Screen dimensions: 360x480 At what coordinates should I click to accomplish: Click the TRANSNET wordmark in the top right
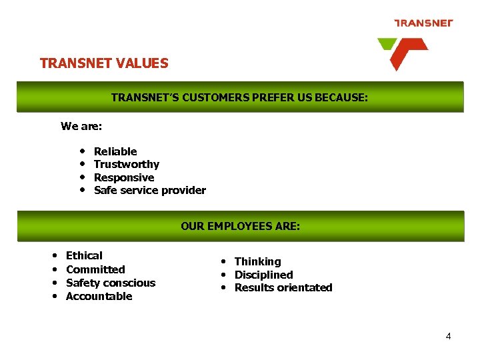423,23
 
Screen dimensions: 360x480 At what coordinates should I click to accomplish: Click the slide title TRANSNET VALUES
104,63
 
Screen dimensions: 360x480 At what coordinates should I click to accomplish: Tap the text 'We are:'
81,126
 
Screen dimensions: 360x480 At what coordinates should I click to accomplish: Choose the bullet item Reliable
115,151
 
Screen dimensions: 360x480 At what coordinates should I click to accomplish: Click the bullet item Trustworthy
127,164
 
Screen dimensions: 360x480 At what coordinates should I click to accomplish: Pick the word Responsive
124,177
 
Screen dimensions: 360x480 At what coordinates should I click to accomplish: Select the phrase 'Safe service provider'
150,190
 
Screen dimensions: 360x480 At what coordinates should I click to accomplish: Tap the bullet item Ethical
84,255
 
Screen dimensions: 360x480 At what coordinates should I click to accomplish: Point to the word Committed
95,269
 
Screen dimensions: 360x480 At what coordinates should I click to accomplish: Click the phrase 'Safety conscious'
111,283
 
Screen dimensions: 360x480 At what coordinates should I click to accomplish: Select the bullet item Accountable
99,296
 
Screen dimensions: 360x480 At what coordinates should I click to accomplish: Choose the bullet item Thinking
257,261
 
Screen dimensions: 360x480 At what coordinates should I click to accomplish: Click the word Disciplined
263,275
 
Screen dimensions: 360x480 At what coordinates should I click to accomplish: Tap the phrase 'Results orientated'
283,287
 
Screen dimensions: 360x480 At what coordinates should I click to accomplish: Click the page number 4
448,336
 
